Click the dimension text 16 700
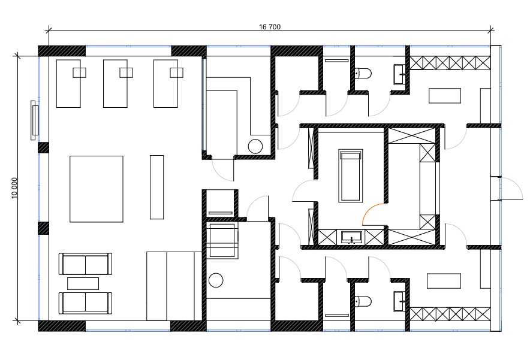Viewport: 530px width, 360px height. click(270, 27)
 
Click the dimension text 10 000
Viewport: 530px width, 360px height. click(14, 188)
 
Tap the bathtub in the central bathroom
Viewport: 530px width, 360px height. click(351, 176)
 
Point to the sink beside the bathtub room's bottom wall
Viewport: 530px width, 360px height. click(352, 237)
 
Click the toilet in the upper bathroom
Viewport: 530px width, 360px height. click(363, 73)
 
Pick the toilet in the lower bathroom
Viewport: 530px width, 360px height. click(363, 301)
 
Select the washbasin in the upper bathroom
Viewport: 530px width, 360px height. click(400, 74)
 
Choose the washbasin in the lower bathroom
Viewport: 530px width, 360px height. click(400, 301)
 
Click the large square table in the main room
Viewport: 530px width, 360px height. click(97, 189)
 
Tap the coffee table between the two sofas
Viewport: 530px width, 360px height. click(83, 283)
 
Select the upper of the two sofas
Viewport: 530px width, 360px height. click(85, 264)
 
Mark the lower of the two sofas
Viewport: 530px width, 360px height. click(85, 303)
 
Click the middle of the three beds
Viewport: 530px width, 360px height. click(115, 83)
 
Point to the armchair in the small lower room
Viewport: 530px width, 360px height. click(222, 241)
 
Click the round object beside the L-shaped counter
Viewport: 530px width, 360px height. click(255, 146)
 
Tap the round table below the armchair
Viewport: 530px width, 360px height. click(216, 280)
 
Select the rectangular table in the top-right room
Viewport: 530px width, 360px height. click(445, 96)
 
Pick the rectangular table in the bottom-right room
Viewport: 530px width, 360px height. click(444, 281)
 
